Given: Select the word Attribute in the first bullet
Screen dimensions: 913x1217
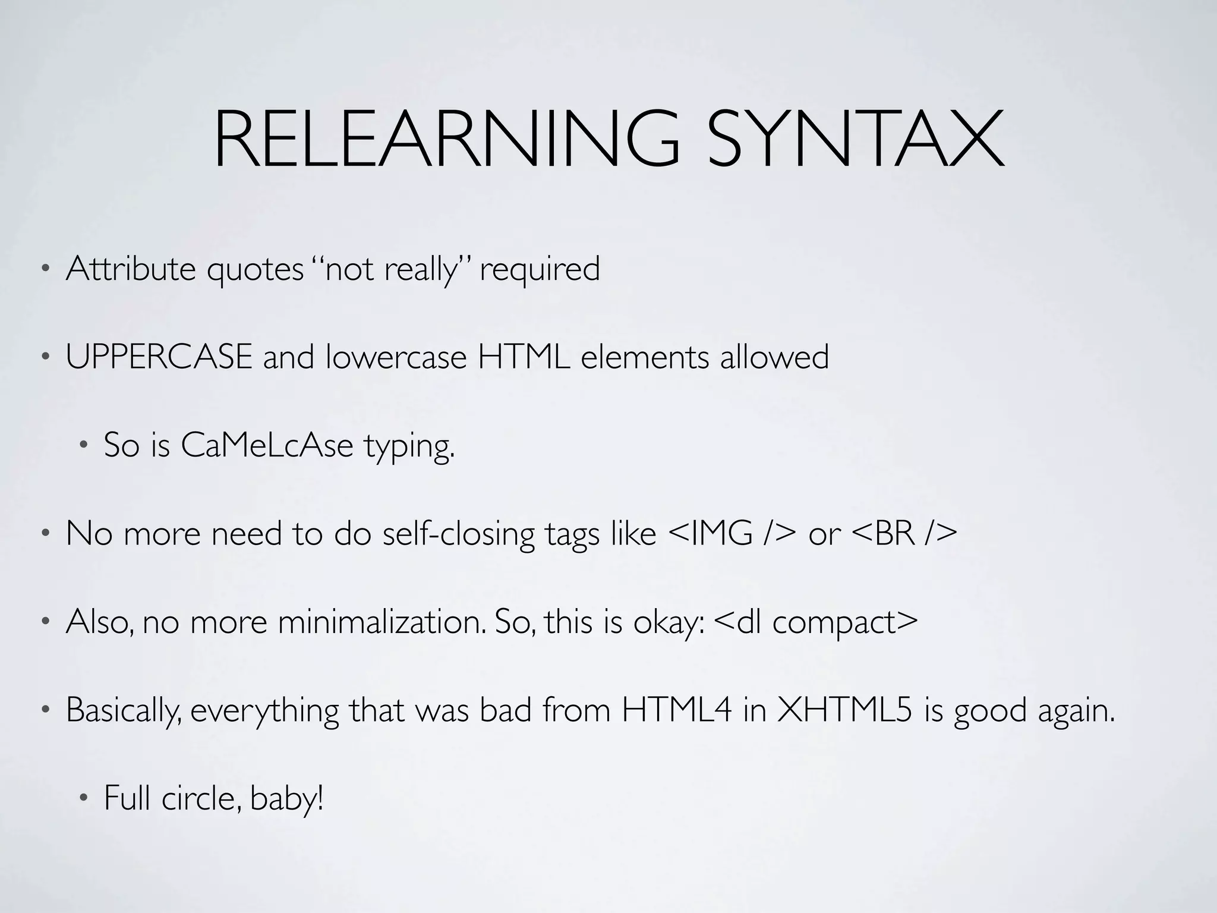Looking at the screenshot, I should [131, 269].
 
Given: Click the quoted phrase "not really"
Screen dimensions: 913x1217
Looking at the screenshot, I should [392, 269].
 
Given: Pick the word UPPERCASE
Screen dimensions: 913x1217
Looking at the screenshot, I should [159, 358].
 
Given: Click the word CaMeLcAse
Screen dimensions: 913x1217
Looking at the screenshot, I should [267, 445].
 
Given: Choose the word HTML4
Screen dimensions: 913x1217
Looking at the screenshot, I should [677, 710].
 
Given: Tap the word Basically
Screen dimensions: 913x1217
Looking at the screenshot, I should [124, 710].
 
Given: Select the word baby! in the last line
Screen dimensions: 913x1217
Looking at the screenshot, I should [287, 798].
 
